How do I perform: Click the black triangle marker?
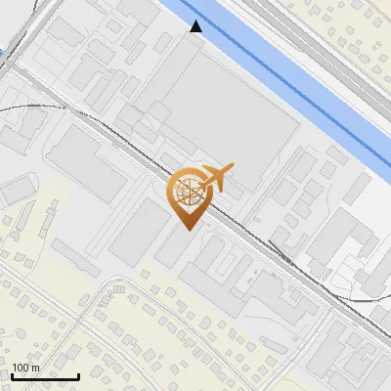pyautogui.click(x=196, y=26)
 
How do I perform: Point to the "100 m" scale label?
pyautogui.click(x=25, y=368)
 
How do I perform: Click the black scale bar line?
pyautogui.click(x=45, y=376)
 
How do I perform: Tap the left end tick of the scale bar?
pyautogui.click(x=13, y=374)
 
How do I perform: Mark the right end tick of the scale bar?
pyautogui.click(x=78, y=374)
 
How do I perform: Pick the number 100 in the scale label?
pyautogui.click(x=22, y=368)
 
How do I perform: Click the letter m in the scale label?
pyautogui.click(x=35, y=369)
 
